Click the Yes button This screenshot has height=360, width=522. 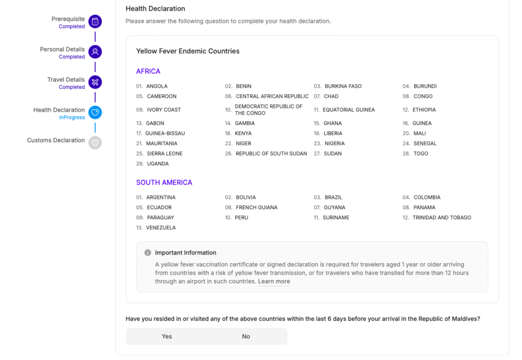coord(167,337)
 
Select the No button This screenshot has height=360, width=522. coord(246,337)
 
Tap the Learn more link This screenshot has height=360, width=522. coord(274,281)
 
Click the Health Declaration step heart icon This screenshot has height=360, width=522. coord(95,113)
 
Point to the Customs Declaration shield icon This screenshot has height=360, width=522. coord(95,143)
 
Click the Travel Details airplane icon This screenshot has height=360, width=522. coord(95,82)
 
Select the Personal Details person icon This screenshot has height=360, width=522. coord(95,52)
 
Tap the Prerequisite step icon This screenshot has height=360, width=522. coord(95,22)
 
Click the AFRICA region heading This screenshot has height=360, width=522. coord(148,71)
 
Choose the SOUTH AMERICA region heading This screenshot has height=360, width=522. coord(164,183)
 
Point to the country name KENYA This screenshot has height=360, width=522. coord(243,134)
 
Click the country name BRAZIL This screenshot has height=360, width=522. coord(333,197)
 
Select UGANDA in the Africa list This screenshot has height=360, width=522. coord(158,164)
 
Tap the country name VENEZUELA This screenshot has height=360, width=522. coord(161,228)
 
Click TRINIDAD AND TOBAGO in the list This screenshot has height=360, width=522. coord(441,218)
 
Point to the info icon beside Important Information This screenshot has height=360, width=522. coord(148,253)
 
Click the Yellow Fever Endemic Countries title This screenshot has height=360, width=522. coord(188,51)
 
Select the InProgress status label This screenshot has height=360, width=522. coord(72,118)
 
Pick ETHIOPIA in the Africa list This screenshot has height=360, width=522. coord(424,110)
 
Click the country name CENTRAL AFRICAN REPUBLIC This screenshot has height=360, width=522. coord(272,96)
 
